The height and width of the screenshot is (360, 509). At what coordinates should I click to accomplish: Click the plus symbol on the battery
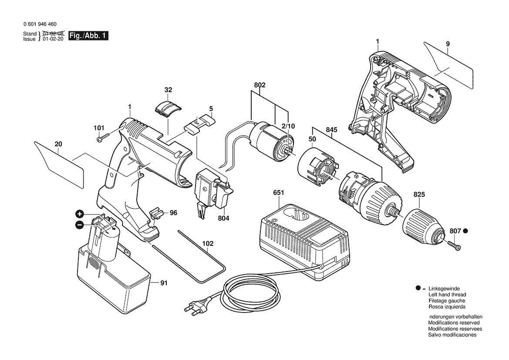79,214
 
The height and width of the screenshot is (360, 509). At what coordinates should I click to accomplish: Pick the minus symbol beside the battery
79,225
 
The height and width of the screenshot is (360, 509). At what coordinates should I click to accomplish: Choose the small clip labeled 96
156,214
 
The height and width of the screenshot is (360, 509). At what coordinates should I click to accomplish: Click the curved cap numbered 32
167,107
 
